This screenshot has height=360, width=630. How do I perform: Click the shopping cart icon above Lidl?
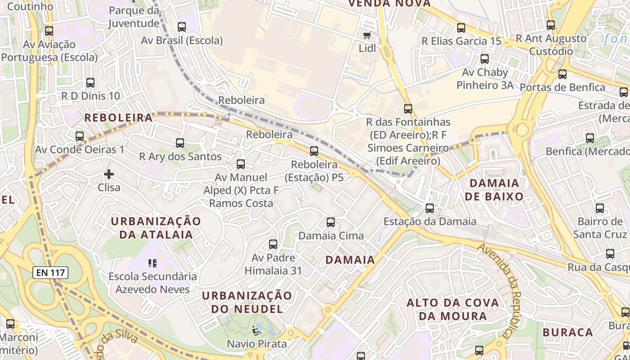[367, 35]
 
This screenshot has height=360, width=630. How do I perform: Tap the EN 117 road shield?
[50, 272]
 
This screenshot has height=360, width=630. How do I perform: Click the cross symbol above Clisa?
[109, 174]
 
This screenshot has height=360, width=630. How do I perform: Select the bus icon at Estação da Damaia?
[430, 208]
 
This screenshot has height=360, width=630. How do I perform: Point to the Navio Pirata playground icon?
[257, 331]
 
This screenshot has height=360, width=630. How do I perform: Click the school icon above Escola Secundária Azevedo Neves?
[153, 263]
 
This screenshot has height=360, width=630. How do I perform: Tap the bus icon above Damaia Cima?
[331, 222]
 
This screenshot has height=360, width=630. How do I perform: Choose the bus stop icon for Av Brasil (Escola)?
[182, 27]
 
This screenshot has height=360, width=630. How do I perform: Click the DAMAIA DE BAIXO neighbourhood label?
[496, 190]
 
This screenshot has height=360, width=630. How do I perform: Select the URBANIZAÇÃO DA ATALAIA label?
[156, 228]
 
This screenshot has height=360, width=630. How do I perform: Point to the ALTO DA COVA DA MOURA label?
[453, 309]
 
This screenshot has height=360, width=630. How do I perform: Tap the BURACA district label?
[568, 333]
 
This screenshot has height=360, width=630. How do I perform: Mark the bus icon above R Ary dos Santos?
[180, 143]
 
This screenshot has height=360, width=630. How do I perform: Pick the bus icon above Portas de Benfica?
[562, 74]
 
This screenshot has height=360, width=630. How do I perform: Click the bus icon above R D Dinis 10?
[90, 83]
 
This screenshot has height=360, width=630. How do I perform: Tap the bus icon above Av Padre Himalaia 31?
[273, 244]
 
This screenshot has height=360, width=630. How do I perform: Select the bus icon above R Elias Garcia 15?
[461, 28]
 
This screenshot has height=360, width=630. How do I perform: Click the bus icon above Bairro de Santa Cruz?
[600, 208]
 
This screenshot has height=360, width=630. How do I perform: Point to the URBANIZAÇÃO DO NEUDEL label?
[247, 302]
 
